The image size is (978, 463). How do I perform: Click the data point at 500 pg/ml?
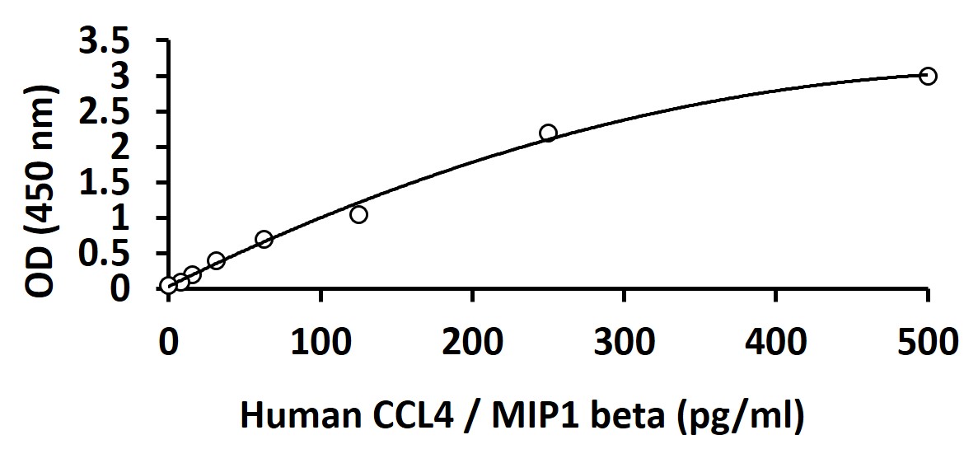coord(928,76)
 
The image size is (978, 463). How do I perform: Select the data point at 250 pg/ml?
coord(548,133)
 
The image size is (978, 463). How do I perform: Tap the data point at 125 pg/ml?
coord(358,215)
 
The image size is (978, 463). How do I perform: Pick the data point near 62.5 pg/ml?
coord(264,240)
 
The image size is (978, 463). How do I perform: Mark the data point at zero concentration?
coord(168,286)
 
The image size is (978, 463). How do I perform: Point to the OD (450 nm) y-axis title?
coord(42,191)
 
